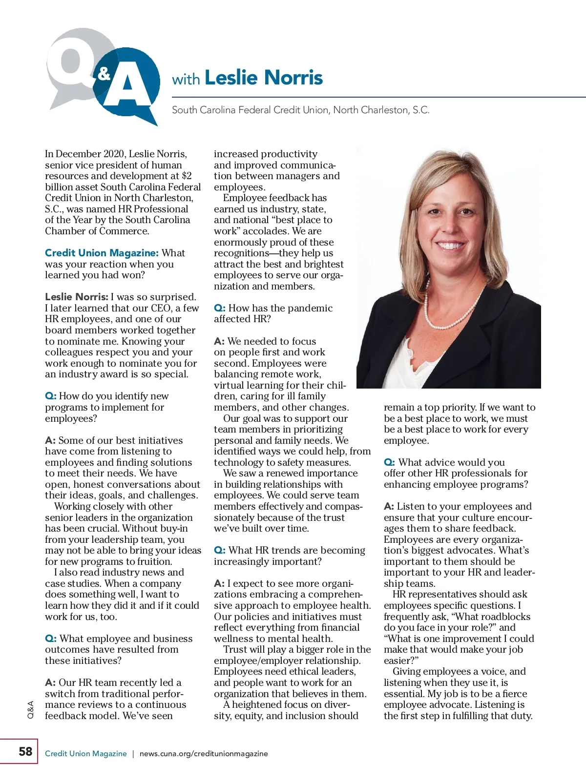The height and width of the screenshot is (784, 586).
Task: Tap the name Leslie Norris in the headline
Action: pyautogui.click(x=264, y=78)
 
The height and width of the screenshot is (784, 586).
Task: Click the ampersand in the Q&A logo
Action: pyautogui.click(x=104, y=74)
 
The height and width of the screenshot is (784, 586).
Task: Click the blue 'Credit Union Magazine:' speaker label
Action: pyautogui.click(x=102, y=253)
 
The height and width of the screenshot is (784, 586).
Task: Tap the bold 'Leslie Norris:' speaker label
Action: pyautogui.click(x=77, y=297)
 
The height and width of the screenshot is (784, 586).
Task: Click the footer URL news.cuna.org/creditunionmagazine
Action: pyautogui.click(x=204, y=753)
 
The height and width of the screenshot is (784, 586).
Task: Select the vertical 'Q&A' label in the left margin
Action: pyautogui.click(x=31, y=709)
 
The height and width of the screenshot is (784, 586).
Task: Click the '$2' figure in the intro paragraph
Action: pyautogui.click(x=187, y=176)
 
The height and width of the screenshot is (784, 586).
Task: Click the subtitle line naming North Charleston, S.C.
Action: pyautogui.click(x=300, y=110)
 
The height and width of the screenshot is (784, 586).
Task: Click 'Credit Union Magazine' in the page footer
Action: pyautogui.click(x=85, y=753)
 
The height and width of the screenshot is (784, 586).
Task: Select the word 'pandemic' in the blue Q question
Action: pyautogui.click(x=312, y=308)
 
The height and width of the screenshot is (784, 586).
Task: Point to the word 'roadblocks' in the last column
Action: pyautogui.click(x=505, y=617)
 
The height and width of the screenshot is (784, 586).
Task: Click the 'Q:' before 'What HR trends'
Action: pyautogui.click(x=220, y=550)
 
